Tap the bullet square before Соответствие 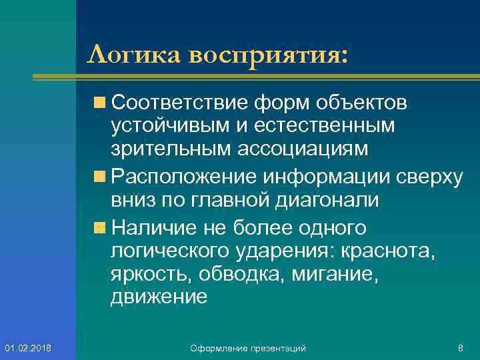tap(101, 103)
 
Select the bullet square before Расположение tap(101, 176)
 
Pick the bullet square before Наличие tap(101, 228)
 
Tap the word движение tap(159, 297)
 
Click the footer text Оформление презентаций tap(248, 348)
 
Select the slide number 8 tap(460, 348)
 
